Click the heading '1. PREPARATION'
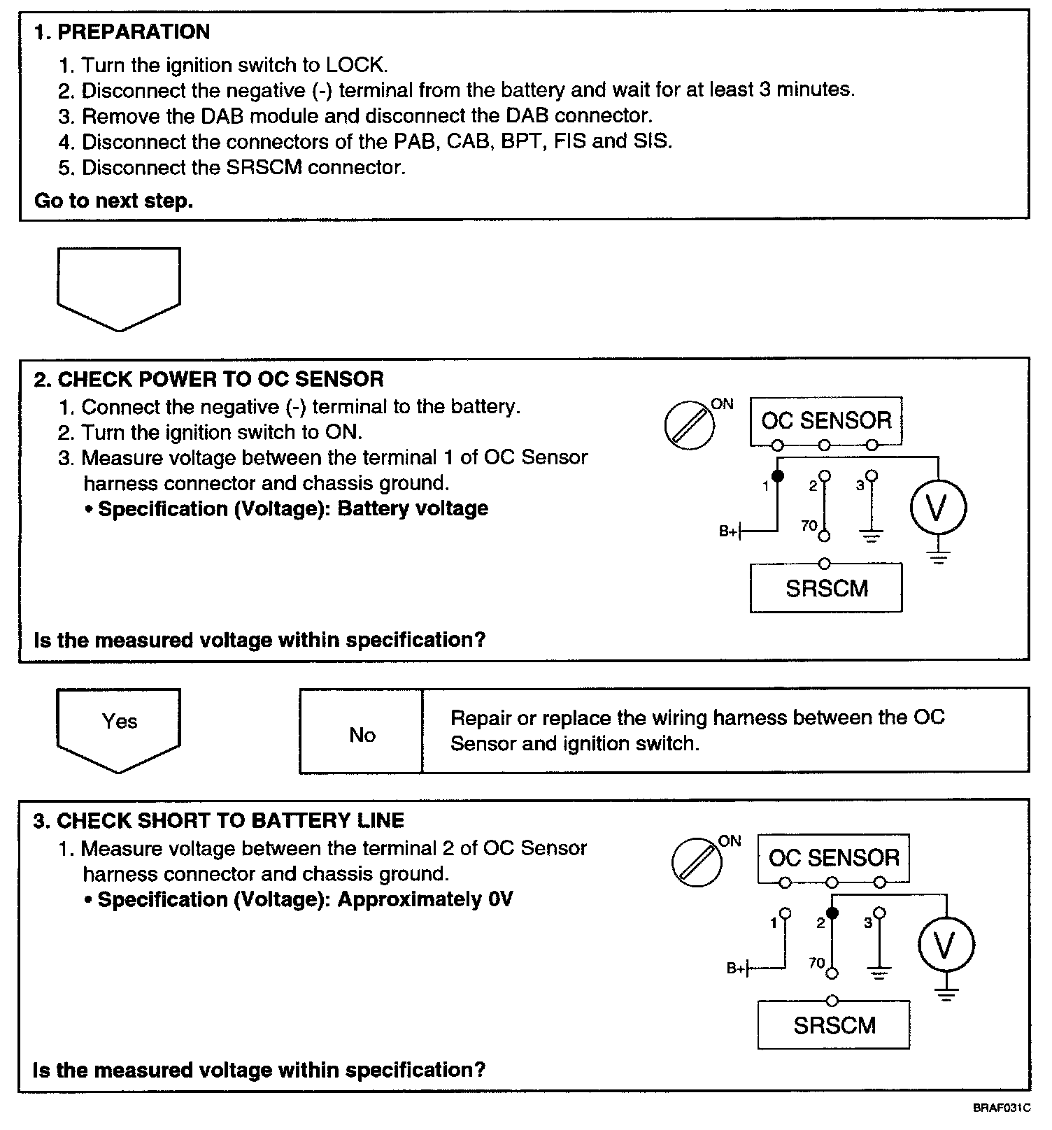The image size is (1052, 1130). [x=122, y=32]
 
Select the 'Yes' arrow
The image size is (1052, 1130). [x=119, y=727]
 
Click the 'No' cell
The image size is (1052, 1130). [x=362, y=734]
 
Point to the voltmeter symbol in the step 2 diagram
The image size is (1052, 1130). [x=937, y=507]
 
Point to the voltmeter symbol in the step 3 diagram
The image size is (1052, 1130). [x=945, y=945]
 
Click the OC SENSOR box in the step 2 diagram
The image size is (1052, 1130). [x=825, y=421]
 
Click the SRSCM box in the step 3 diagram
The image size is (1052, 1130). [x=834, y=1025]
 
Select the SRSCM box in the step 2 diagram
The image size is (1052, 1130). [x=826, y=588]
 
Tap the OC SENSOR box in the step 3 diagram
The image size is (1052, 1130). [x=834, y=858]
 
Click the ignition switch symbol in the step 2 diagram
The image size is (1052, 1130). [x=690, y=425]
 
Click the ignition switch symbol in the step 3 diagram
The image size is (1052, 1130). [x=697, y=862]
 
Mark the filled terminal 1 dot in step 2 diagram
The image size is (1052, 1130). [x=778, y=476]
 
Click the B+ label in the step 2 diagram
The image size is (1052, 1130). [x=728, y=532]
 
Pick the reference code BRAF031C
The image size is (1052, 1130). [x=1002, y=1108]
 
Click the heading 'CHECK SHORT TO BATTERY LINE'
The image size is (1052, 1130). [x=230, y=820]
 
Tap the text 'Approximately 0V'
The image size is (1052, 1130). [x=425, y=899]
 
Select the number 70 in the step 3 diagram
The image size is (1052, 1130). [x=817, y=963]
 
